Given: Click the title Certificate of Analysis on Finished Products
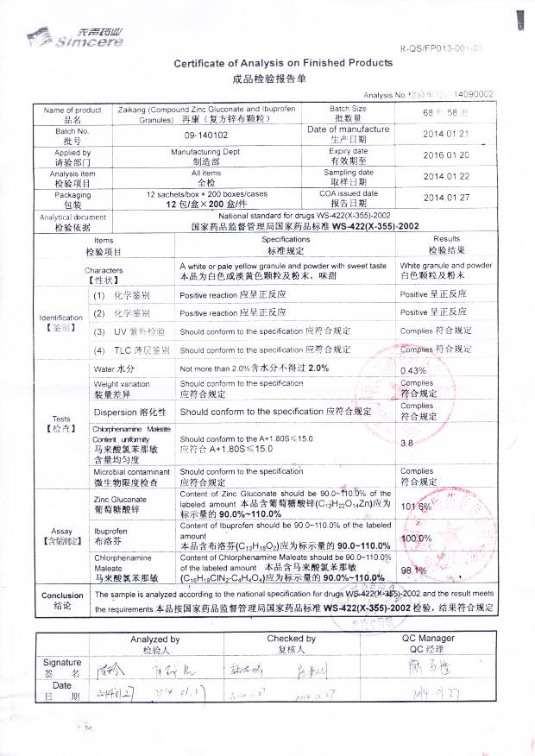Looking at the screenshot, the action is pyautogui.click(x=283, y=63).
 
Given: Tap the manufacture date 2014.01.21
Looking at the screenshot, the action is pyautogui.click(x=445, y=135).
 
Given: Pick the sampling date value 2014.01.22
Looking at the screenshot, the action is pyautogui.click(x=445, y=177).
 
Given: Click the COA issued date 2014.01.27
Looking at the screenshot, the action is pyautogui.click(x=445, y=198).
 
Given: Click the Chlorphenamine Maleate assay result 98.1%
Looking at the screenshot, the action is pyautogui.click(x=414, y=570).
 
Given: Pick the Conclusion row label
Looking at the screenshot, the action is pyautogui.click(x=62, y=601).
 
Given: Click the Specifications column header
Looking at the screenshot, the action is pyautogui.click(x=286, y=244).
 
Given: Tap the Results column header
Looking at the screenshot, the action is pyautogui.click(x=446, y=244).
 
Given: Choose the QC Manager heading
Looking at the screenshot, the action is pyautogui.click(x=428, y=644).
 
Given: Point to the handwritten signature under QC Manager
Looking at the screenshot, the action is pyautogui.click(x=427, y=668).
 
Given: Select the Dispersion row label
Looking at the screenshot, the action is pyautogui.click(x=127, y=413).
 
